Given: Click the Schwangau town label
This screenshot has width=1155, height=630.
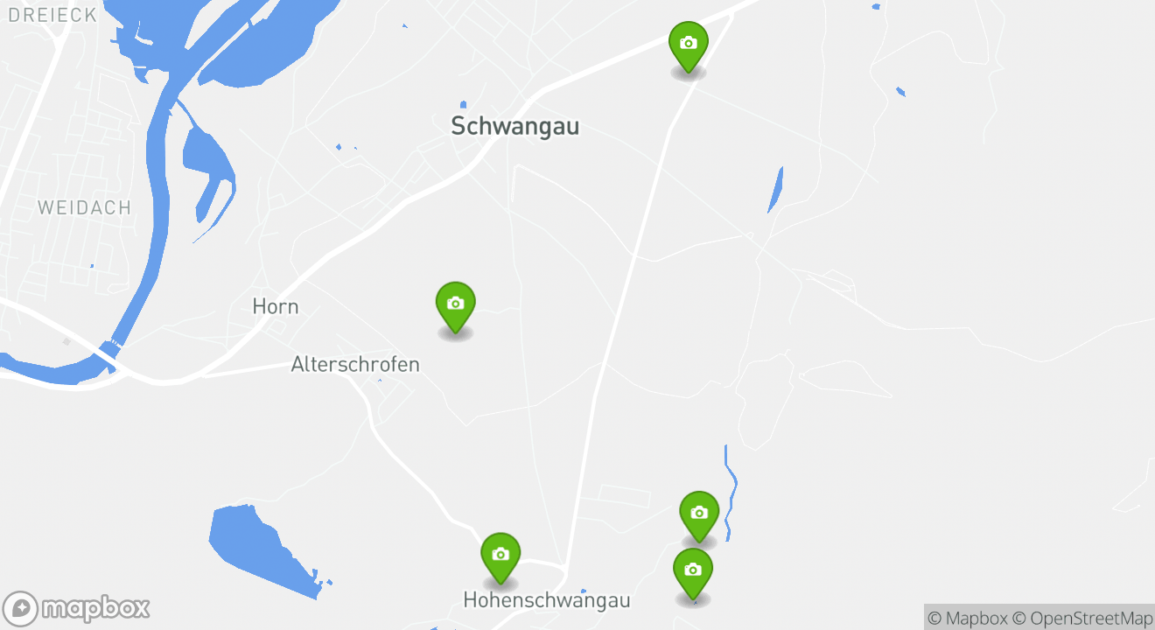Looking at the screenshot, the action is (514, 126).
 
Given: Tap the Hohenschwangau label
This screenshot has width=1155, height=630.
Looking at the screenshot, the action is (546, 600).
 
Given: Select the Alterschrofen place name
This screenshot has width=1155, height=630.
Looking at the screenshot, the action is (355, 364).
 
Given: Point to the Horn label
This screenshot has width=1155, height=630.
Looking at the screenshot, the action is (275, 306).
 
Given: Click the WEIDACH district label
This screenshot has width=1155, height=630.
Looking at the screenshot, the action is (84, 207).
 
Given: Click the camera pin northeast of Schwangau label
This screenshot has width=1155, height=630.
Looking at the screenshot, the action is (689, 44).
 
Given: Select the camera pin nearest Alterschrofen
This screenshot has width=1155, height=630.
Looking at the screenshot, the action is (455, 304).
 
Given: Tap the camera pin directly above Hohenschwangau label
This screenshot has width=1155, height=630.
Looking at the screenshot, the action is (500, 555).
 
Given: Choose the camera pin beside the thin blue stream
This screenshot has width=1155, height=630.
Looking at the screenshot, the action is (699, 513).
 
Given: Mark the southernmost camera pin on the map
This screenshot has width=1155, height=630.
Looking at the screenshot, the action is (693, 570).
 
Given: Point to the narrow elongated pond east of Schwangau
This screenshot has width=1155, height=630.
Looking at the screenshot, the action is (775, 189).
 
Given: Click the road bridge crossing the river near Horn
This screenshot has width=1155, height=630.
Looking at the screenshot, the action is (109, 351).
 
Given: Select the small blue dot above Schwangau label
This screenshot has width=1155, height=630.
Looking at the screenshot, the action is (463, 105).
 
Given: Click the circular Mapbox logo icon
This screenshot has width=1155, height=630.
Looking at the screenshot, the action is (21, 609).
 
